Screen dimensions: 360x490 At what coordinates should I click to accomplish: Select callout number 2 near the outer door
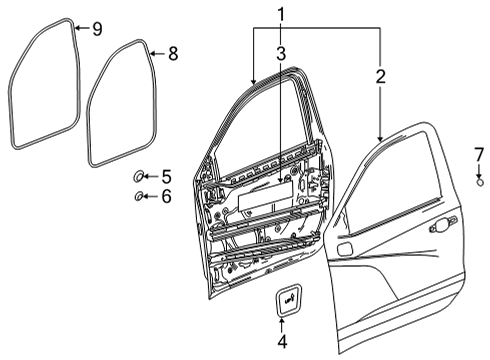[380, 75]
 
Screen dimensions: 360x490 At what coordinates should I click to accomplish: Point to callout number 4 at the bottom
[281, 342]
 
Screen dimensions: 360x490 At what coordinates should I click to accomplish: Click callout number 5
[166, 176]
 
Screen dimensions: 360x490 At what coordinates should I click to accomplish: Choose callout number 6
[166, 196]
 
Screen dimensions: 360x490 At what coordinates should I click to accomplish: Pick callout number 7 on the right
[479, 154]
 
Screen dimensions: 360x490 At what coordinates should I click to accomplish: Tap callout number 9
[96, 28]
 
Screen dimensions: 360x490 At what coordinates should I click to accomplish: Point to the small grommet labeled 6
[138, 196]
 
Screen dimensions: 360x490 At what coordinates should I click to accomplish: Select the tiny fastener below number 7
[479, 181]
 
